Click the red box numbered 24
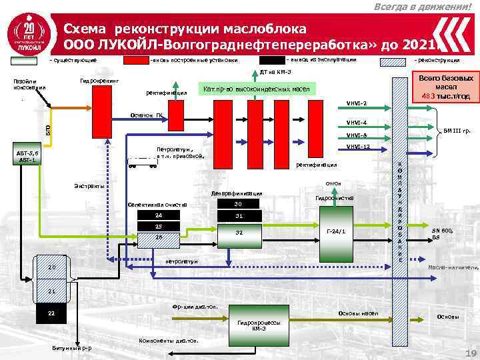click(158, 216)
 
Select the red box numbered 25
click(158, 227)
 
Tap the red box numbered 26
click(158, 237)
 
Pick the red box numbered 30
click(238, 205)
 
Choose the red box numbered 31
click(238, 216)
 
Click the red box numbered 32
click(238, 233)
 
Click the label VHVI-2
click(356, 103)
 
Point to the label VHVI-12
click(357, 147)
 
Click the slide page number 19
click(468, 353)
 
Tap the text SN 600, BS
click(442, 233)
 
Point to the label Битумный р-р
click(72, 349)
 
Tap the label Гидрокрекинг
click(98, 80)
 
